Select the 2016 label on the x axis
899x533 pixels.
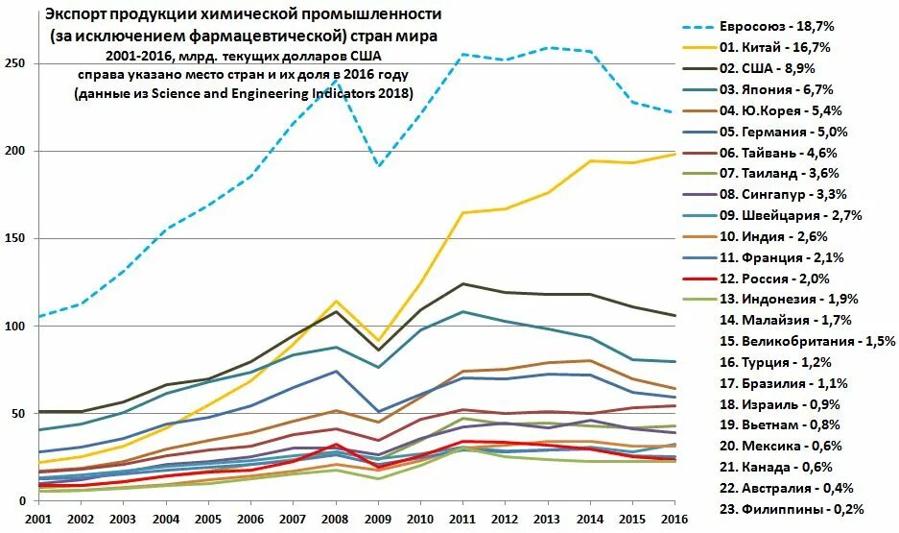pos(674,520)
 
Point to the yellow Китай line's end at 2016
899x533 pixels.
pos(674,154)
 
